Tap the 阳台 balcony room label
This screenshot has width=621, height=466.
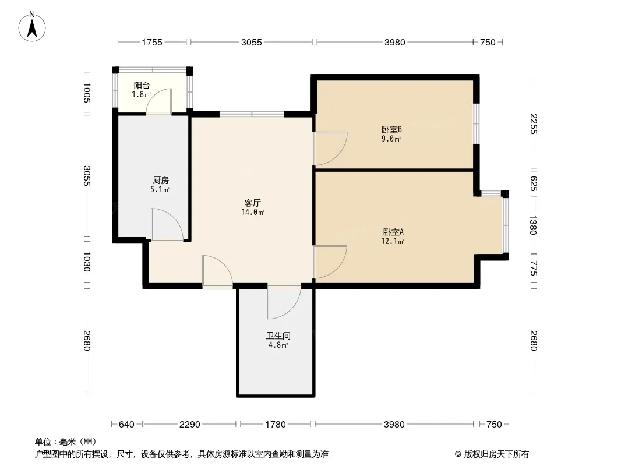click(142, 85)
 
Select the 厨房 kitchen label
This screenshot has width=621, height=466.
click(160, 181)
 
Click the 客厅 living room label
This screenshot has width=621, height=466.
click(252, 203)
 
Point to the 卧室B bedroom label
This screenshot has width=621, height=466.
click(391, 129)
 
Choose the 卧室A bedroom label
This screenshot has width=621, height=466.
click(393, 232)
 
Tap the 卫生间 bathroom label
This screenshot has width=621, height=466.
click(278, 336)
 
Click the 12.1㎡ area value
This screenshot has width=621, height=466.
click(393, 241)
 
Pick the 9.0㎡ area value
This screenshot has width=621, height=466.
click(391, 139)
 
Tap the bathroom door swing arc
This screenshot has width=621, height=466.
click(291, 310)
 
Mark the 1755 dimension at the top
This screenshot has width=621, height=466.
click(152, 42)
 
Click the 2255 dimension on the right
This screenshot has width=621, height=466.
click(534, 124)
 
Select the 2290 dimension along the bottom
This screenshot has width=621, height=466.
click(190, 425)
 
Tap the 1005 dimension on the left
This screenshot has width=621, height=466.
click(87, 93)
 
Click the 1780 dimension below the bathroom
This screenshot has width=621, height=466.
click(275, 425)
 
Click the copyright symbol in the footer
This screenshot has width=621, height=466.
click(458, 454)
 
